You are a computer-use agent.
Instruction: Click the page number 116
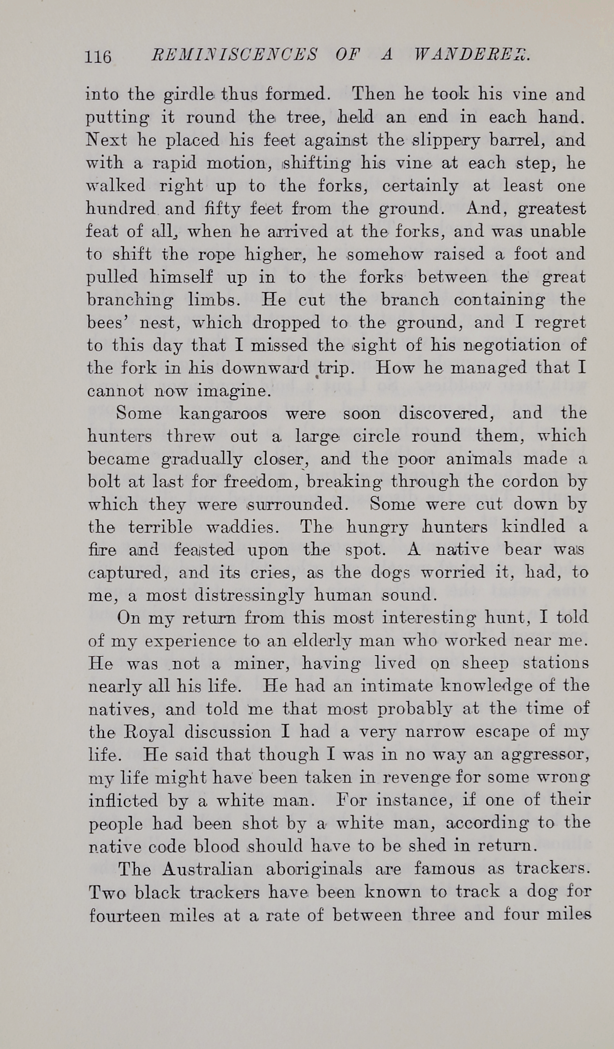click(x=98, y=57)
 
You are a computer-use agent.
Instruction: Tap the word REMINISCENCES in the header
click(x=234, y=55)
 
